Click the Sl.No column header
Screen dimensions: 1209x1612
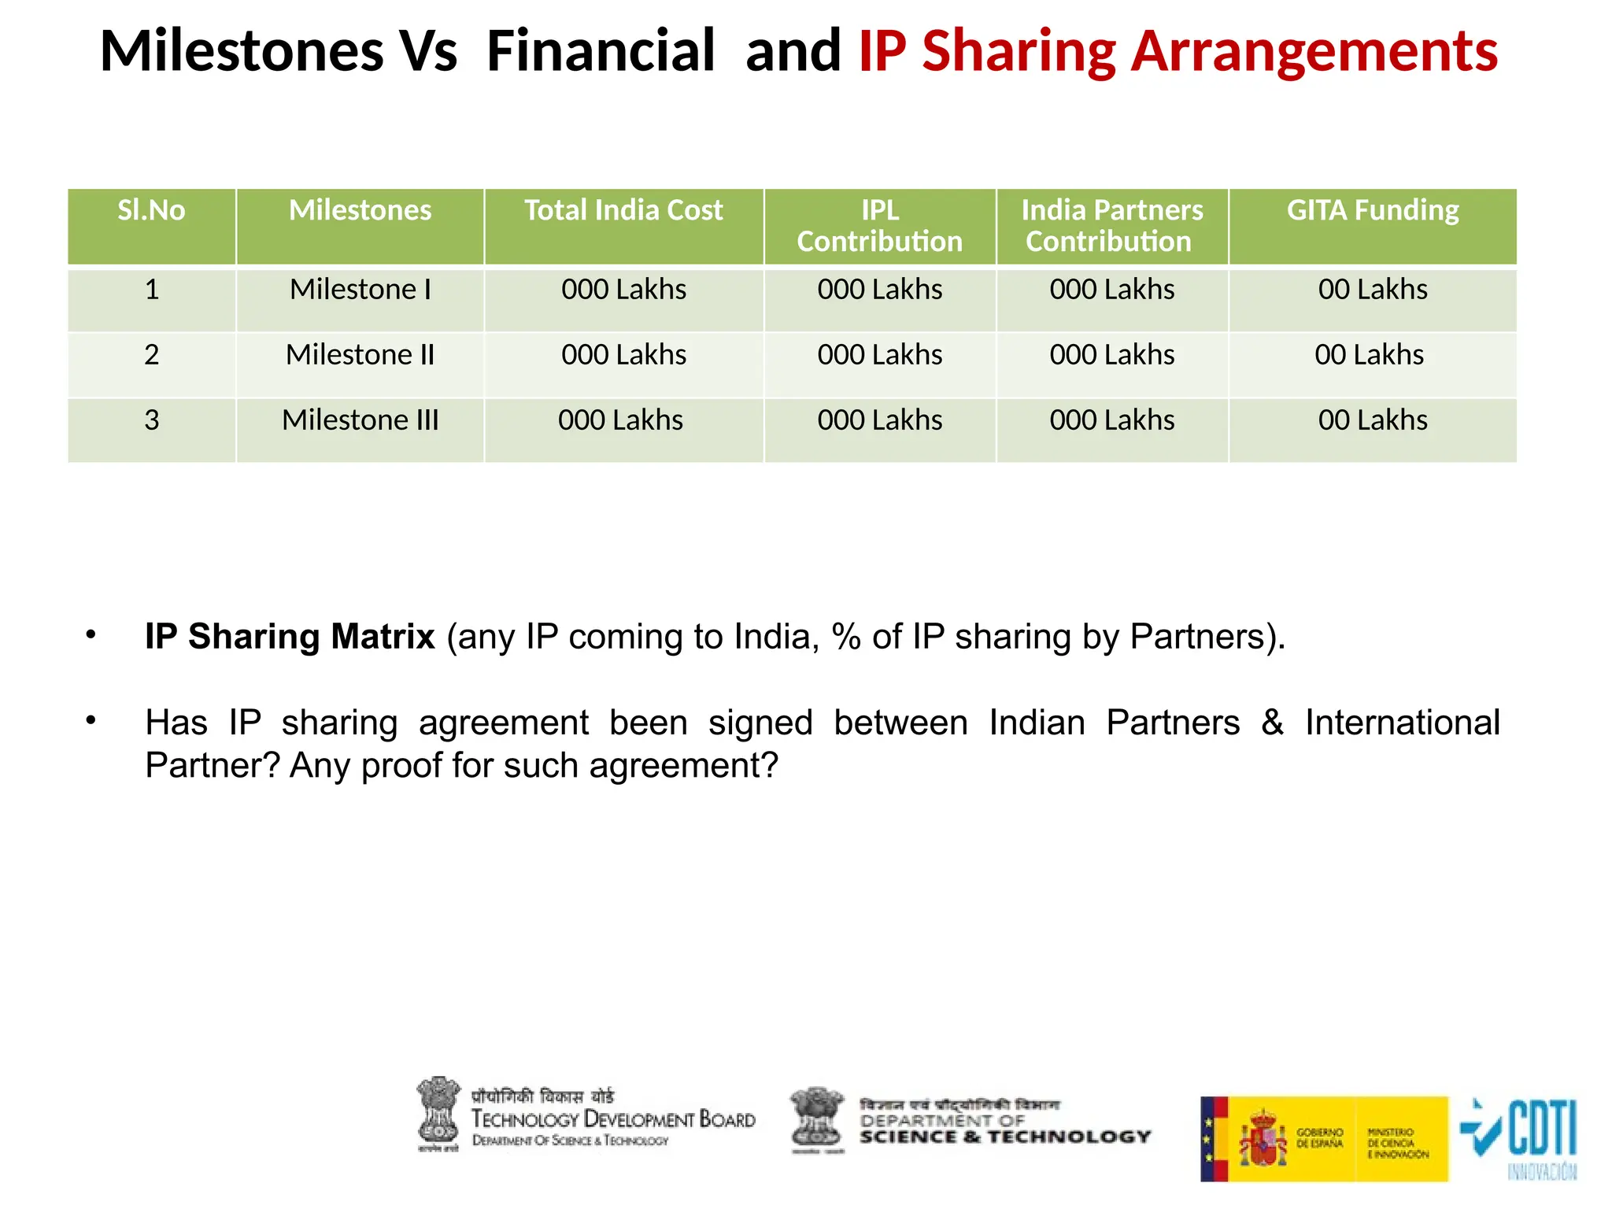pos(151,211)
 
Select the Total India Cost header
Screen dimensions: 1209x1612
pos(623,211)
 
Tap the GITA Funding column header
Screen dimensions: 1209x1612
pos(1372,211)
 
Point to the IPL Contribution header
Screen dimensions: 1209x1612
pos(879,226)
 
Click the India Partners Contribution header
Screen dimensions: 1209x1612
pos(1111,226)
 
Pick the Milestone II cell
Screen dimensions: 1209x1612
pos(360,355)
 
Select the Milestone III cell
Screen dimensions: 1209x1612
pos(360,420)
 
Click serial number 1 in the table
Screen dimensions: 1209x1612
pos(152,290)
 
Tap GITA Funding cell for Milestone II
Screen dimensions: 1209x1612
pos(1369,355)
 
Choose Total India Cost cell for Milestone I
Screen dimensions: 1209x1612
pos(623,290)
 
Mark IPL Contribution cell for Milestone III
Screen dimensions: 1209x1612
pos(879,420)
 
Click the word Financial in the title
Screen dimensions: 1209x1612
pos(601,51)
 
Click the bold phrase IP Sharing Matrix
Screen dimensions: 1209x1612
pos(289,636)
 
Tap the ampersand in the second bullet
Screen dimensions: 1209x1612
pos(1272,723)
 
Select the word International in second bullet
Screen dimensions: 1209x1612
pos(1402,723)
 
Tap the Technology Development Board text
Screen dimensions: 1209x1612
pos(612,1119)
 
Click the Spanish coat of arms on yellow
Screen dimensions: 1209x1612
pos(1263,1138)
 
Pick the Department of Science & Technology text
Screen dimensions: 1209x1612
pos(1004,1129)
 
